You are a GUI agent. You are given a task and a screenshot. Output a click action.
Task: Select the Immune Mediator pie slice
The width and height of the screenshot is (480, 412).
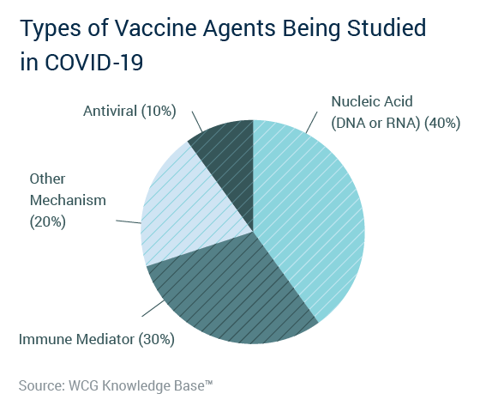coord(230,294)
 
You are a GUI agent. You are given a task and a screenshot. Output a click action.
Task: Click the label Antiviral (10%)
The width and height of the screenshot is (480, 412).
coord(129,111)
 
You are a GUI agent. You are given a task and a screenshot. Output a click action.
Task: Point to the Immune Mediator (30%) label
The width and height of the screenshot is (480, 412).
coord(97,339)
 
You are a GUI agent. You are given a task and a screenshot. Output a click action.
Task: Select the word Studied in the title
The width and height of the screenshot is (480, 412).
coord(387,27)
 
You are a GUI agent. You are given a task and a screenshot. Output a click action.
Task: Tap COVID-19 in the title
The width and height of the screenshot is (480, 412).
coord(94,62)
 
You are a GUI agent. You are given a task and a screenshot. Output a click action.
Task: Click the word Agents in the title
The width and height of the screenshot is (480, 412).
coord(239,28)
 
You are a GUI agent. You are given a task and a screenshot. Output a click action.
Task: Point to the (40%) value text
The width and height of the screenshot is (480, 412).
coord(442,124)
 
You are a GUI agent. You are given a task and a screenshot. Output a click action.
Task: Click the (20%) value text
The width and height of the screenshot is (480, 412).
coord(48,221)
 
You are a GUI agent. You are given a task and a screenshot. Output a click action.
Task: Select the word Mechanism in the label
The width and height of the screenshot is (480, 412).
coord(68,200)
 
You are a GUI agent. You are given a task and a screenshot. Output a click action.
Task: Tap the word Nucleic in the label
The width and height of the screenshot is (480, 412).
coord(352,101)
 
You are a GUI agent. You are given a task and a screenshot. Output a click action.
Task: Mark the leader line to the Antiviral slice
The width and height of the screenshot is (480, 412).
coord(197,122)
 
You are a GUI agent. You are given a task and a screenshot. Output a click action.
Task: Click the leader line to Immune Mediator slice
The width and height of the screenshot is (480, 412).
coord(153,308)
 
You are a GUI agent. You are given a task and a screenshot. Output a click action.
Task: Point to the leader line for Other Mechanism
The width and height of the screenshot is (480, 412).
coord(129,221)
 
